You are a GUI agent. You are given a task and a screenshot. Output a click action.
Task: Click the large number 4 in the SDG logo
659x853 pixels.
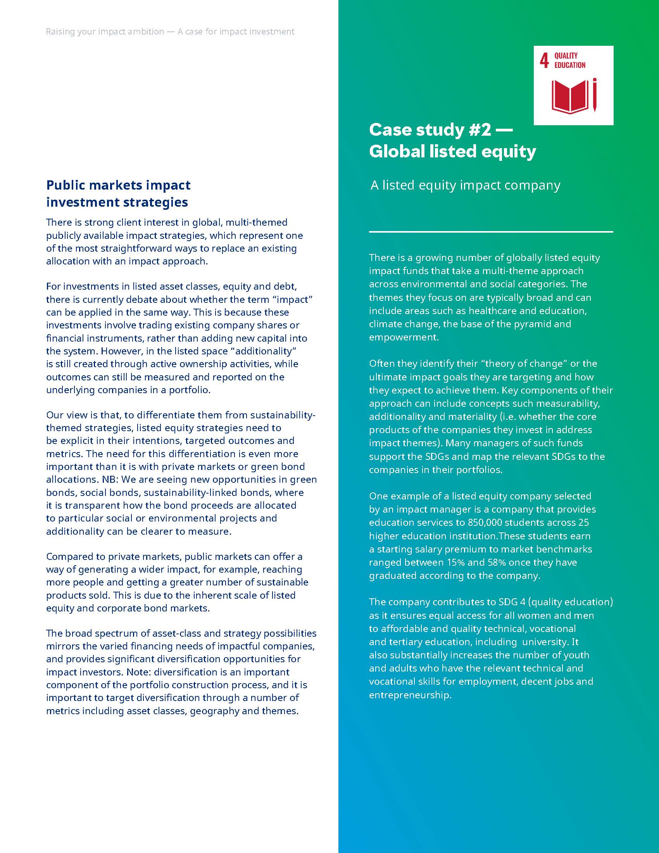[x=544, y=61]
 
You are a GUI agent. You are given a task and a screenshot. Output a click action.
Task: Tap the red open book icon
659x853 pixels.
[x=569, y=96]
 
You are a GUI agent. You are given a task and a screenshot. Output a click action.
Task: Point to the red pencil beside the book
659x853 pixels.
[x=595, y=95]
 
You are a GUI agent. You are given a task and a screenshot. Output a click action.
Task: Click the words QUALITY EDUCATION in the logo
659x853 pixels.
[x=569, y=60]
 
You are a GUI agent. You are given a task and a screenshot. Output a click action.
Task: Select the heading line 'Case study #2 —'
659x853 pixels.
[x=440, y=130]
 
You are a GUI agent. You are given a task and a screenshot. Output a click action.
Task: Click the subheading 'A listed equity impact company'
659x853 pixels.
[x=465, y=185]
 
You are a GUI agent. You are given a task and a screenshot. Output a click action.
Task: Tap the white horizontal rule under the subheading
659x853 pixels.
[x=491, y=232]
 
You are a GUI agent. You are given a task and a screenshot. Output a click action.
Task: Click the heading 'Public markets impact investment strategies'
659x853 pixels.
[x=118, y=193]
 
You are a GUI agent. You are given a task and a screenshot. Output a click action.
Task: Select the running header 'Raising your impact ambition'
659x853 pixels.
[x=105, y=32]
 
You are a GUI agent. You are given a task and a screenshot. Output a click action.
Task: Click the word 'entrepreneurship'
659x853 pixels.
[x=410, y=695]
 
